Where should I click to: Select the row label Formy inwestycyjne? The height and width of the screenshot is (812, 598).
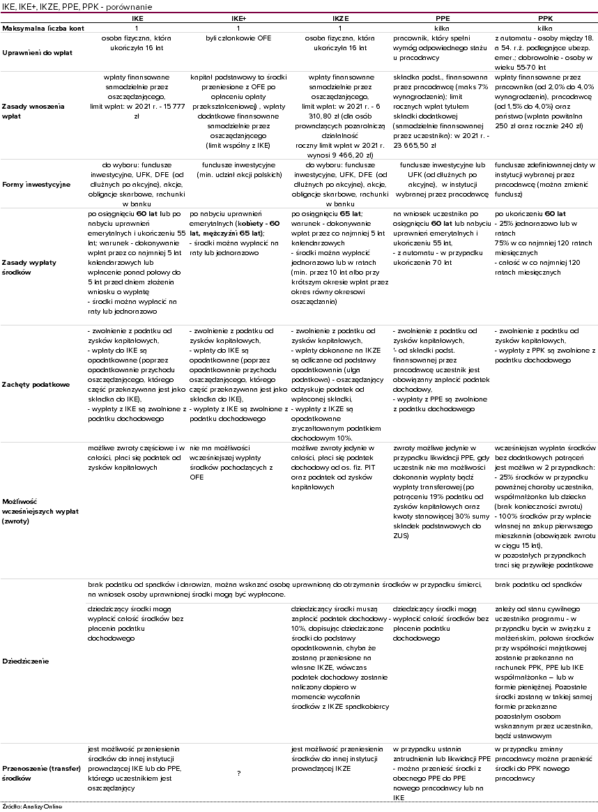click(x=36, y=184)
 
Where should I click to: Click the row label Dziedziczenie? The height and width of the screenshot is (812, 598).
click(x=25, y=660)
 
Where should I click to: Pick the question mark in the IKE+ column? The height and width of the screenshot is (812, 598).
click(x=238, y=773)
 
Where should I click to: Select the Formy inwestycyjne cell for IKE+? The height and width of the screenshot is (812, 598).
click(x=238, y=169)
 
